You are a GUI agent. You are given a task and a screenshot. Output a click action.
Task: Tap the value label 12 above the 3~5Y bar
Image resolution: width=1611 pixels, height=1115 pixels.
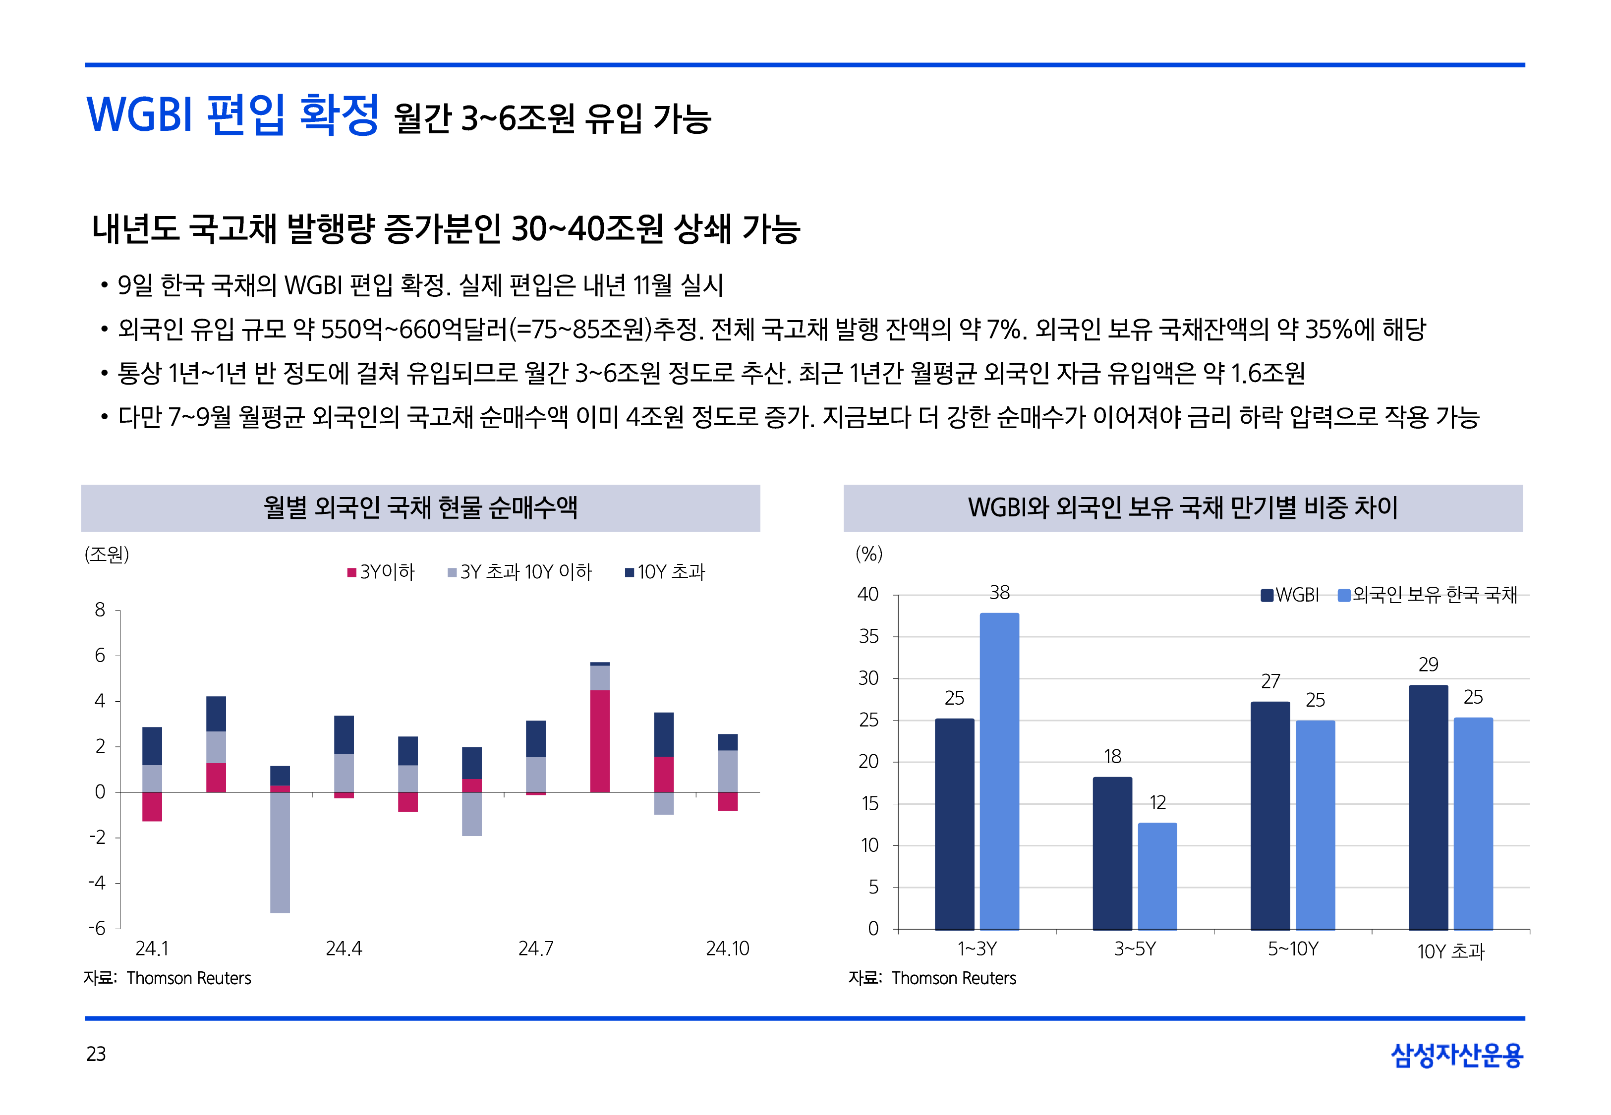tap(1157, 803)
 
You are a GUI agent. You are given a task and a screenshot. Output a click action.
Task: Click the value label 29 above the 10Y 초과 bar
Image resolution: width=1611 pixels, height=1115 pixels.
tap(1428, 665)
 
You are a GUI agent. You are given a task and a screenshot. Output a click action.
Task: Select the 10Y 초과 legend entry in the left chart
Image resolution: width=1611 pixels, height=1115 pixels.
tap(665, 572)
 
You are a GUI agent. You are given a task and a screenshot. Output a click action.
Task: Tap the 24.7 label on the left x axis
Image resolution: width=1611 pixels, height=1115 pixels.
tap(536, 948)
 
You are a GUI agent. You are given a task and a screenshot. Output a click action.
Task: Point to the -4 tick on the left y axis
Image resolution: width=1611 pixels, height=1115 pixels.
tap(97, 883)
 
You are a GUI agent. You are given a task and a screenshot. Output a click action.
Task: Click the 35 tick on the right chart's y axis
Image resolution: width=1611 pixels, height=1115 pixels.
tap(868, 636)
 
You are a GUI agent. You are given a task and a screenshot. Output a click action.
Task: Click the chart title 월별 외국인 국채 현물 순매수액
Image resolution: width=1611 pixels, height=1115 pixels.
tap(420, 508)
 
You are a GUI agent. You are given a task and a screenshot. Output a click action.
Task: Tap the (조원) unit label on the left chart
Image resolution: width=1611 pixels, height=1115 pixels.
tap(107, 555)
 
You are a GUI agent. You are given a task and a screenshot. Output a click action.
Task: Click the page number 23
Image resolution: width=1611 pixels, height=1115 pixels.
tap(96, 1054)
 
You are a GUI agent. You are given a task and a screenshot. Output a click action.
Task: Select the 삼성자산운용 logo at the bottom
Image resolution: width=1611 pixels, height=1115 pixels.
tap(1457, 1055)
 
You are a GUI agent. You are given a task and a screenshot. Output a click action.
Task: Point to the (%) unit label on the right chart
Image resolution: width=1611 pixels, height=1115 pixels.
tap(869, 554)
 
